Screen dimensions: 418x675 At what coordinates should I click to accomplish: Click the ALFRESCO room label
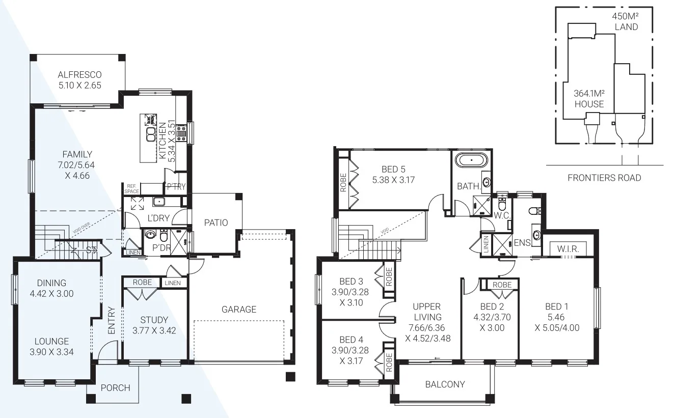pyautogui.click(x=79, y=75)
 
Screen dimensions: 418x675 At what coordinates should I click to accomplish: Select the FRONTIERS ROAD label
pyautogui.click(x=604, y=178)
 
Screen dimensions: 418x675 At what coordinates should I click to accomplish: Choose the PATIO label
pyautogui.click(x=215, y=222)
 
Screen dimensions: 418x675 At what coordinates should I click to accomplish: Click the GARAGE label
pyautogui.click(x=238, y=309)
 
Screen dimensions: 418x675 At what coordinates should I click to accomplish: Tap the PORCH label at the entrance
pyautogui.click(x=115, y=387)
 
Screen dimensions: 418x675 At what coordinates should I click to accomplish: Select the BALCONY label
pyautogui.click(x=445, y=384)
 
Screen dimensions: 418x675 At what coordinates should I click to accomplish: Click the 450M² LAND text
pyautogui.click(x=626, y=22)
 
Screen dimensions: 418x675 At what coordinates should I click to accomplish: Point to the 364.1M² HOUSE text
pyautogui.click(x=589, y=99)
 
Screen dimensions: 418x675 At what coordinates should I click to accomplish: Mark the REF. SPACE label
pyautogui.click(x=132, y=189)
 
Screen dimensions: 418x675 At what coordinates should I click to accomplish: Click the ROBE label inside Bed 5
pyautogui.click(x=343, y=183)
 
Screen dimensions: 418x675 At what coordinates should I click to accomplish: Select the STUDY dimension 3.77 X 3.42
pyautogui.click(x=154, y=330)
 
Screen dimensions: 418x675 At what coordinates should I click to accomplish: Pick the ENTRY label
pyautogui.click(x=112, y=320)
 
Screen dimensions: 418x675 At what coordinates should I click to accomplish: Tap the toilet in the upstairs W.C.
pyautogui.click(x=502, y=206)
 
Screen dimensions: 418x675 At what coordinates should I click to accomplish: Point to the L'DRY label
pyautogui.click(x=158, y=218)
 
